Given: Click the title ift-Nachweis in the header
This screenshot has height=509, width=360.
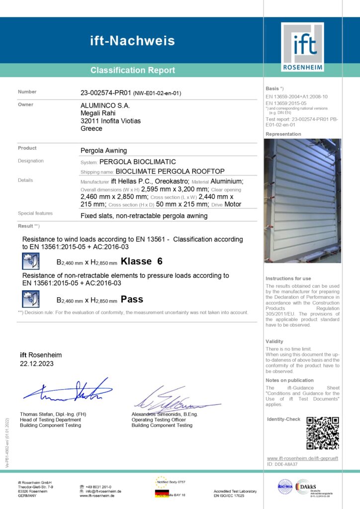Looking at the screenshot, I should click(132, 40).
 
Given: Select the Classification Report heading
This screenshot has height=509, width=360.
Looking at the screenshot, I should click(133, 71).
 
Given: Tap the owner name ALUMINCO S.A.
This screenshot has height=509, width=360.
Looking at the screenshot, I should click(105, 105).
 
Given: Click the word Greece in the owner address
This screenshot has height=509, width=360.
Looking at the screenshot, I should click(91, 128).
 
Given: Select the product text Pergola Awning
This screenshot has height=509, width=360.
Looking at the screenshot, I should click(103, 150).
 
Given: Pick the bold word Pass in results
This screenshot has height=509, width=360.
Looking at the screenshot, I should click(132, 299).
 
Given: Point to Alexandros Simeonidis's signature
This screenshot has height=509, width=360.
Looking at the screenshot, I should click(172, 400).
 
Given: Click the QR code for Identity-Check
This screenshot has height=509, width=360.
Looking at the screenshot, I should click(322, 433).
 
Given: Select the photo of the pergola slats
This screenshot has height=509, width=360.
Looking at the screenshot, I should click(303, 200).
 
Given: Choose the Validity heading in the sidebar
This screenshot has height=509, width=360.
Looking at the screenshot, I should click(274, 341).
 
